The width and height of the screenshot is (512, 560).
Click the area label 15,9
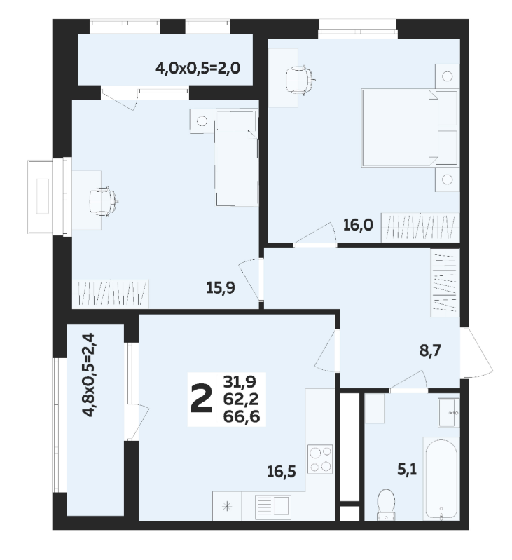pyautogui.click(x=221, y=287)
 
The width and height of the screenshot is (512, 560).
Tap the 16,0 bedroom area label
pyautogui.click(x=358, y=225)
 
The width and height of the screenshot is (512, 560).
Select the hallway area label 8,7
pyautogui.click(x=430, y=350)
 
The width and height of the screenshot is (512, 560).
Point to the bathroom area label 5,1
pyautogui.click(x=407, y=470)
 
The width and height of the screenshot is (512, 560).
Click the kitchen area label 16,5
pyautogui.click(x=282, y=472)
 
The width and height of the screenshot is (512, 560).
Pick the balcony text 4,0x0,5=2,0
pyautogui.click(x=198, y=67)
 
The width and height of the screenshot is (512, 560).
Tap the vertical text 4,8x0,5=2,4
pyautogui.click(x=88, y=375)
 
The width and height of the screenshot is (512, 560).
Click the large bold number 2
pyautogui.click(x=201, y=399)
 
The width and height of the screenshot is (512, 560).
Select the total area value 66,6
pyautogui.click(x=241, y=416)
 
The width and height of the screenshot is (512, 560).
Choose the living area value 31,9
pyautogui.click(x=240, y=382)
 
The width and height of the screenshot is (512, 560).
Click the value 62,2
pyautogui.click(x=241, y=399)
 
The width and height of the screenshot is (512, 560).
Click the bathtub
pyautogui.click(x=441, y=478)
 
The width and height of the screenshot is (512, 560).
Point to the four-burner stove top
pyautogui.click(x=320, y=459)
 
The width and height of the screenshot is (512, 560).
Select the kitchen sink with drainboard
pyautogui.click(x=272, y=507)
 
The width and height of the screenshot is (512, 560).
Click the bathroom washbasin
pyautogui.click(x=449, y=413)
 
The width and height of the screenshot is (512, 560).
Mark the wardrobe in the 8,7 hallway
pyautogui.click(x=445, y=282)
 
